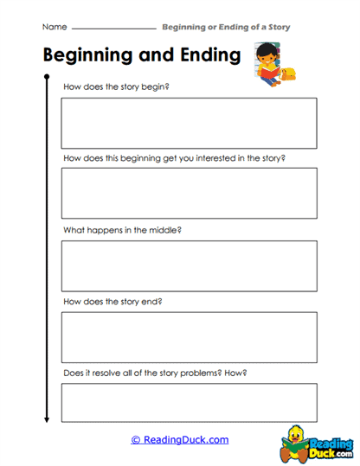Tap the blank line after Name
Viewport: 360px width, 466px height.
point(112,29)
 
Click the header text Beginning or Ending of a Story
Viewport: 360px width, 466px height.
point(226,27)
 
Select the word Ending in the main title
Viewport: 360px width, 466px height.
point(204,56)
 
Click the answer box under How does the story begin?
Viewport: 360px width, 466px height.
point(189,123)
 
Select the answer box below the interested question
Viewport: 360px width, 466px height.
point(189,193)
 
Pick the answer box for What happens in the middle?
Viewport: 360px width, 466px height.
point(189,265)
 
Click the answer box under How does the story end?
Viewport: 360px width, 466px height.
point(189,337)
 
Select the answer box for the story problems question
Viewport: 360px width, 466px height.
point(189,403)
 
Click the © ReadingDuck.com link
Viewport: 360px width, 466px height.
point(180,440)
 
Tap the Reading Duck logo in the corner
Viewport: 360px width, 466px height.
point(318,442)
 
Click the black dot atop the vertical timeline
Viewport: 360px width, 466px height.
point(46,78)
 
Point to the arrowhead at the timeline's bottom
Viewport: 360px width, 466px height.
point(46,419)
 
